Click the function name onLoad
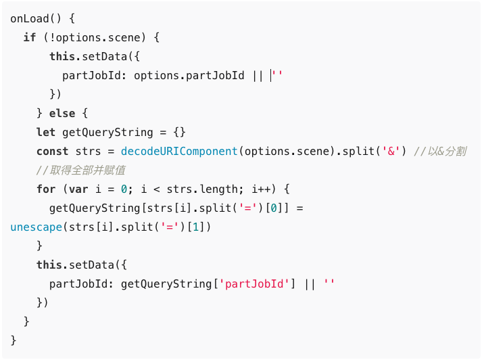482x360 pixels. [29, 18]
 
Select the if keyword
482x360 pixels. [29, 37]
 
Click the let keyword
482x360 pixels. [45, 132]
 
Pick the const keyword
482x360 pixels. [52, 151]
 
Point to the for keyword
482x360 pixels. [45, 189]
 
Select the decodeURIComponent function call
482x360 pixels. [179, 151]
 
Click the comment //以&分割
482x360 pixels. [439, 151]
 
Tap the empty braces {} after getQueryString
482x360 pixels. [179, 132]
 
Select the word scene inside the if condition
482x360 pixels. [124, 37]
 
